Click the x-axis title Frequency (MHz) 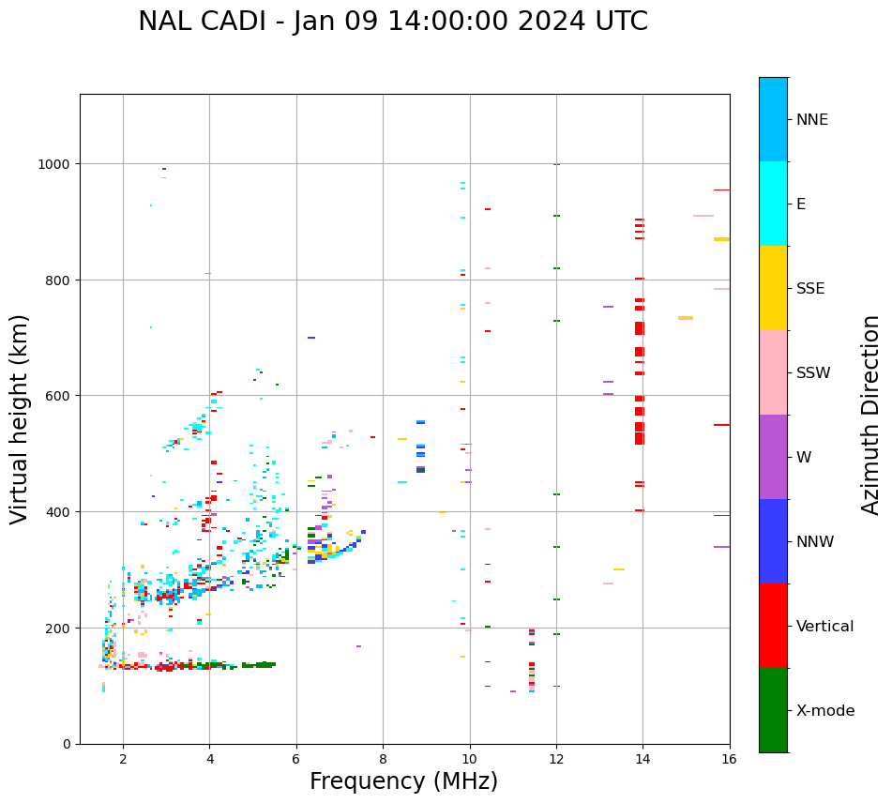(403, 781)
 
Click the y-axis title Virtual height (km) (20, 419)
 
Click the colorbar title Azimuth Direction (871, 415)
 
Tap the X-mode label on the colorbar (825, 710)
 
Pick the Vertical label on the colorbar (824, 626)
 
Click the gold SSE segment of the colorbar (773, 288)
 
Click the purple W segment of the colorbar (773, 457)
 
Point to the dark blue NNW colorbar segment (773, 541)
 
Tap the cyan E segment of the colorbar (773, 204)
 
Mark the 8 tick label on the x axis (383, 759)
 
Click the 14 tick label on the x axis (643, 759)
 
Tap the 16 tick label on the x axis (729, 759)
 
